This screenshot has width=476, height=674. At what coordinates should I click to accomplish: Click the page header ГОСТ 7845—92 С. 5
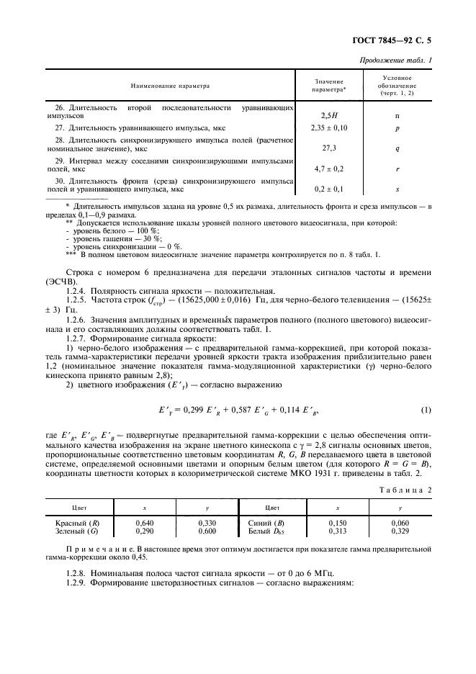click(410, 42)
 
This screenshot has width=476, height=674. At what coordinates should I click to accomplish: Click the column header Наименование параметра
click(170, 86)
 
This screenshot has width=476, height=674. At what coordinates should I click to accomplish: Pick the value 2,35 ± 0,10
click(329, 127)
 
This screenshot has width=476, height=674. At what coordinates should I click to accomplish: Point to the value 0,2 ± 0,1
click(329, 189)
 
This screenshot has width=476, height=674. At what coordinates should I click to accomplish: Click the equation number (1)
click(426, 410)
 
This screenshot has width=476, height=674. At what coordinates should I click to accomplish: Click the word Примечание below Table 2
click(89, 549)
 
